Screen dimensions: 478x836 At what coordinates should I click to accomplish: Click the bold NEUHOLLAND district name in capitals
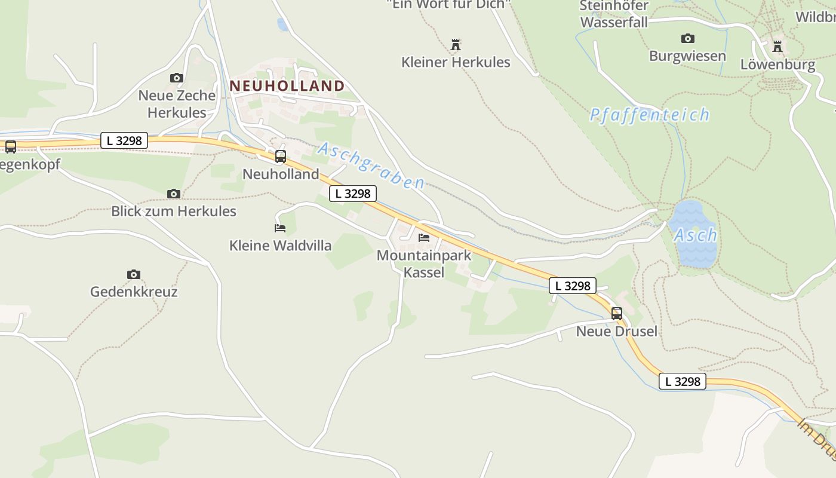(x=287, y=85)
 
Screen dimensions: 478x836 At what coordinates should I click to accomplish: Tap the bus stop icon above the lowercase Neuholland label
(x=280, y=157)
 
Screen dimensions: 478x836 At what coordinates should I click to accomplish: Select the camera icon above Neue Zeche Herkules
(x=176, y=78)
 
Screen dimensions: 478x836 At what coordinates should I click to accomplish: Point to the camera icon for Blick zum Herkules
(x=174, y=194)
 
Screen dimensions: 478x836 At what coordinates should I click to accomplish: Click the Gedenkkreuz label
(x=134, y=292)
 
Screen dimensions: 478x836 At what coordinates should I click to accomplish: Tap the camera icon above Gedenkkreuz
(x=134, y=274)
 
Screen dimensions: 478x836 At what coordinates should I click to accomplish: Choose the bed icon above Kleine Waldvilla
(x=280, y=228)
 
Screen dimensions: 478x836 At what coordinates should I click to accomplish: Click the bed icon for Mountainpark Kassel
(x=424, y=238)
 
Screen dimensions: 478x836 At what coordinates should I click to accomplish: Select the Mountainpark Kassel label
(x=424, y=263)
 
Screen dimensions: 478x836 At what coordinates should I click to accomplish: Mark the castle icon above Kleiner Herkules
(x=456, y=44)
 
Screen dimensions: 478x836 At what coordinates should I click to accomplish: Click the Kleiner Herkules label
(x=456, y=62)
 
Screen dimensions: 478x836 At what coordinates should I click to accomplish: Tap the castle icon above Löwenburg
(x=777, y=46)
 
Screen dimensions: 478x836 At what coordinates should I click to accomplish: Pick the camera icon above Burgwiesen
(x=687, y=38)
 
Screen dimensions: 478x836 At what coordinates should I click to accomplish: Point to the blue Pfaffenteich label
(x=650, y=115)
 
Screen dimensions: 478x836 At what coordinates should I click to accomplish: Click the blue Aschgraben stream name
(x=371, y=166)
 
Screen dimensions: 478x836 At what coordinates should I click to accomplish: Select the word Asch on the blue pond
(x=695, y=235)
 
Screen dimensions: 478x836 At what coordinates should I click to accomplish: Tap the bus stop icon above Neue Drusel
(x=616, y=313)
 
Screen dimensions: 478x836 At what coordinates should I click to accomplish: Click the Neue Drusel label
(x=616, y=331)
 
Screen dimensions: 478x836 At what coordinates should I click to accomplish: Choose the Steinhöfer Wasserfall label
(x=614, y=14)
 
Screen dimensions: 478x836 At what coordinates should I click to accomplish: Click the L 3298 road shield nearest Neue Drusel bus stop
(x=573, y=286)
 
